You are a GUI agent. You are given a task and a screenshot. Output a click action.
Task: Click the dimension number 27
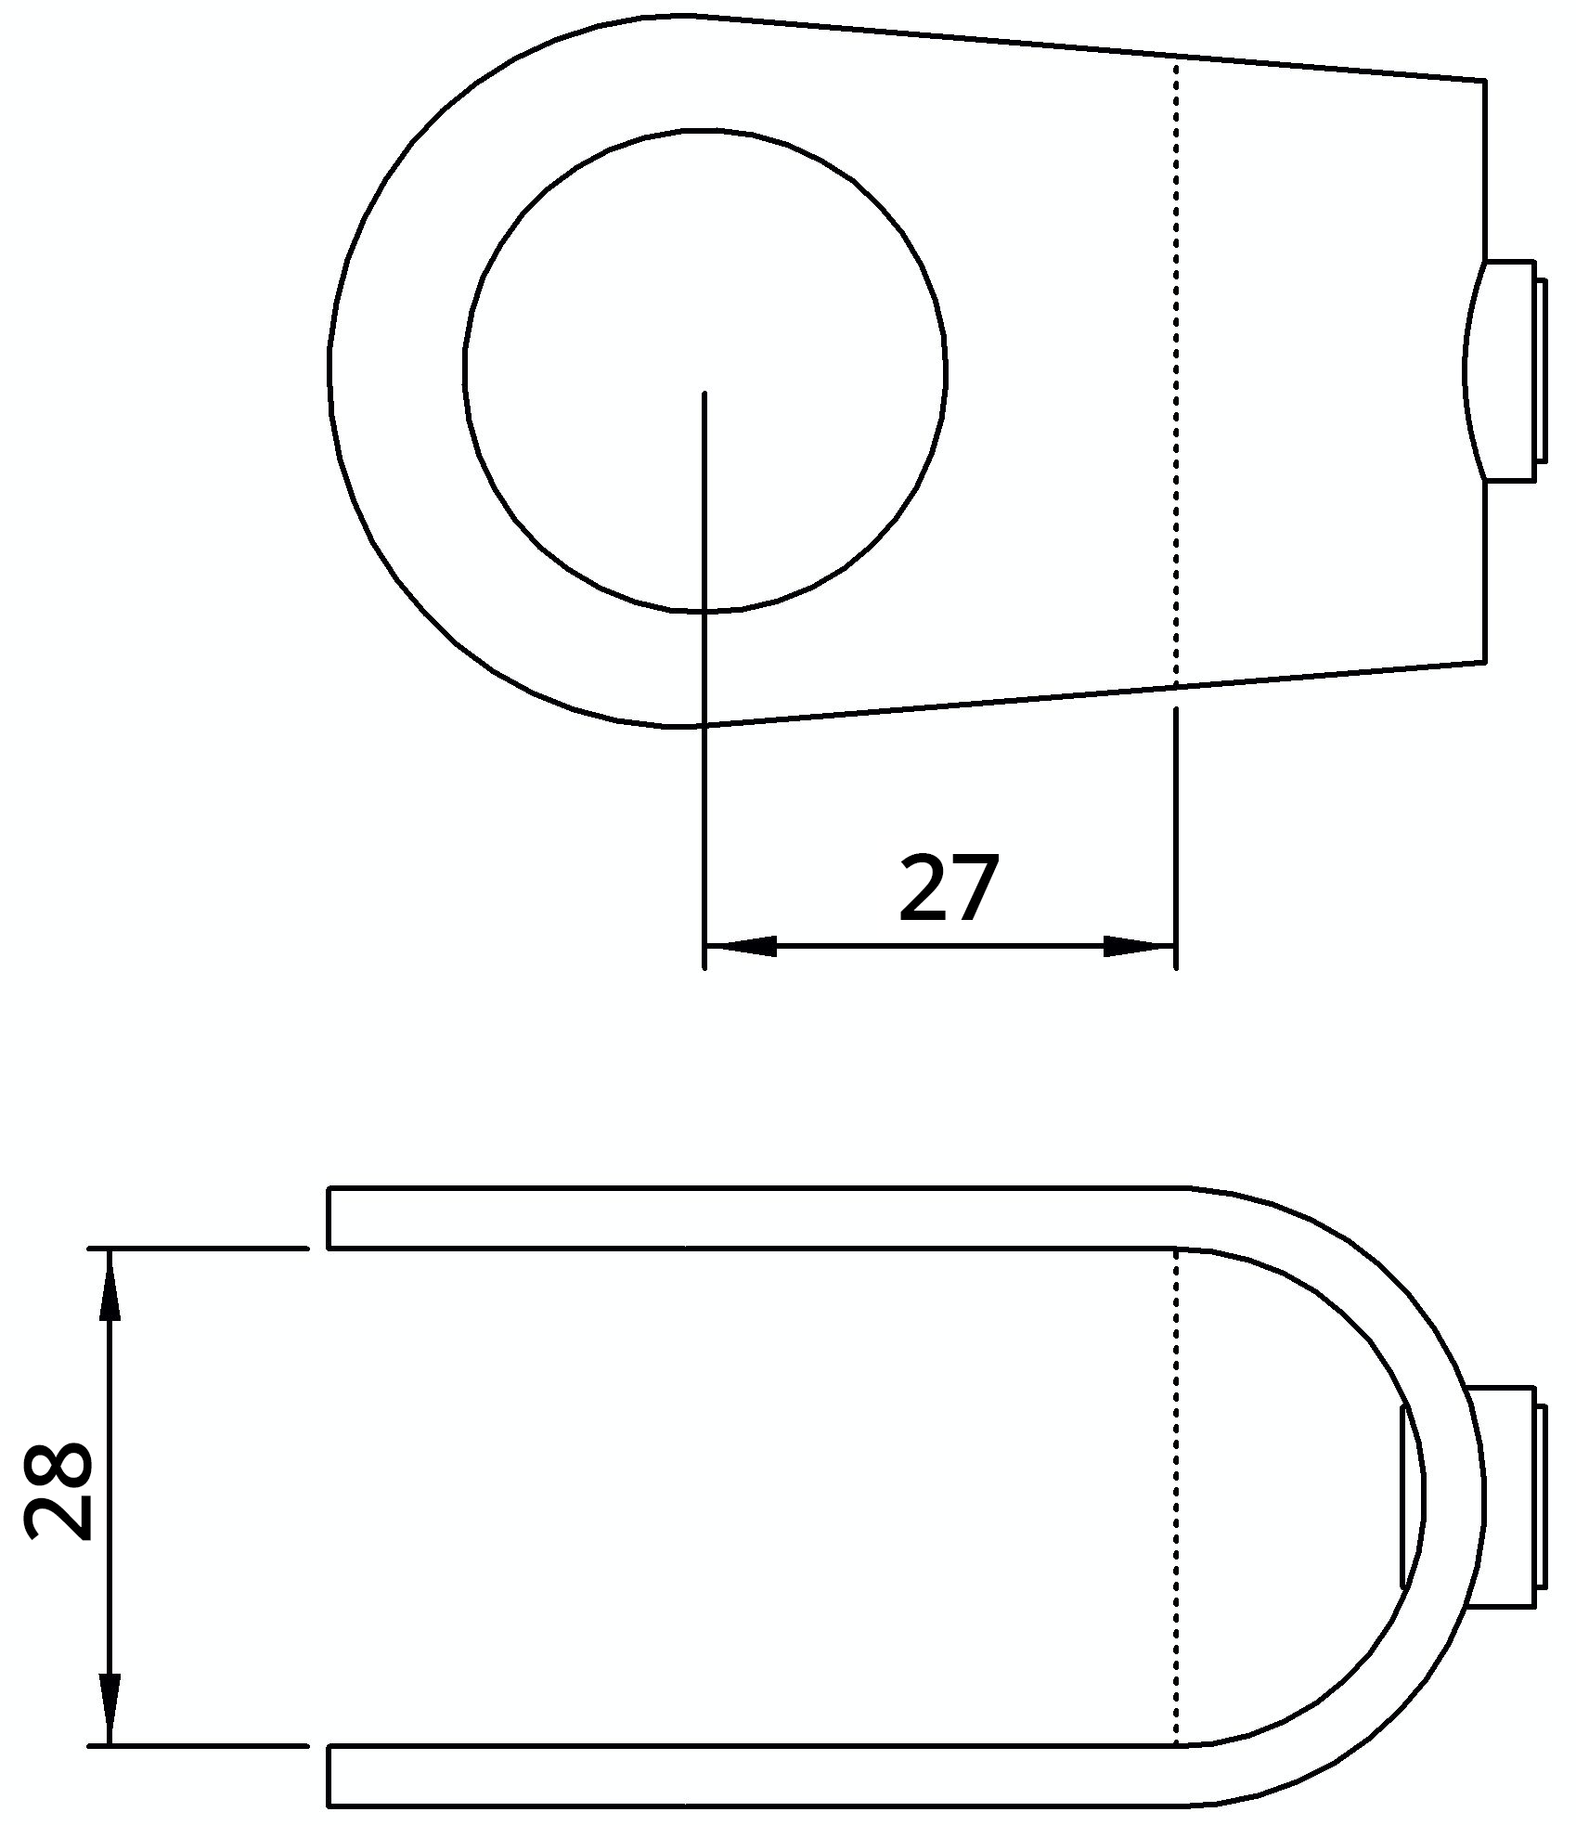pyautogui.click(x=949, y=888)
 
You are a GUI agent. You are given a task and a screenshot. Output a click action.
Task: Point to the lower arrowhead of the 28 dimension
pyautogui.click(x=110, y=1700)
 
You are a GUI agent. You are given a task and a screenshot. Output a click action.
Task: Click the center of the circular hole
pyautogui.click(x=704, y=371)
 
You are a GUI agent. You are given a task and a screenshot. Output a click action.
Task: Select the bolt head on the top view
pyautogui.click(x=1508, y=371)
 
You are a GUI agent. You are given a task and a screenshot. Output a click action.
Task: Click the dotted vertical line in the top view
pyautogui.click(x=1176, y=371)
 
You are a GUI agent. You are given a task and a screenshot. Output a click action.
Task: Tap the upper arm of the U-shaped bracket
pyautogui.click(x=743, y=1218)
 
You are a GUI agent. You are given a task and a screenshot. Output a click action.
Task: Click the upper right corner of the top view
pyautogui.click(x=1485, y=82)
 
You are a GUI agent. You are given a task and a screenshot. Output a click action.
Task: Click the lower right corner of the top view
pyautogui.click(x=1485, y=663)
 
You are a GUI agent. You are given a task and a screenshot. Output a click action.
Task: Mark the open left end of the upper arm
pyautogui.click(x=330, y=1218)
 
